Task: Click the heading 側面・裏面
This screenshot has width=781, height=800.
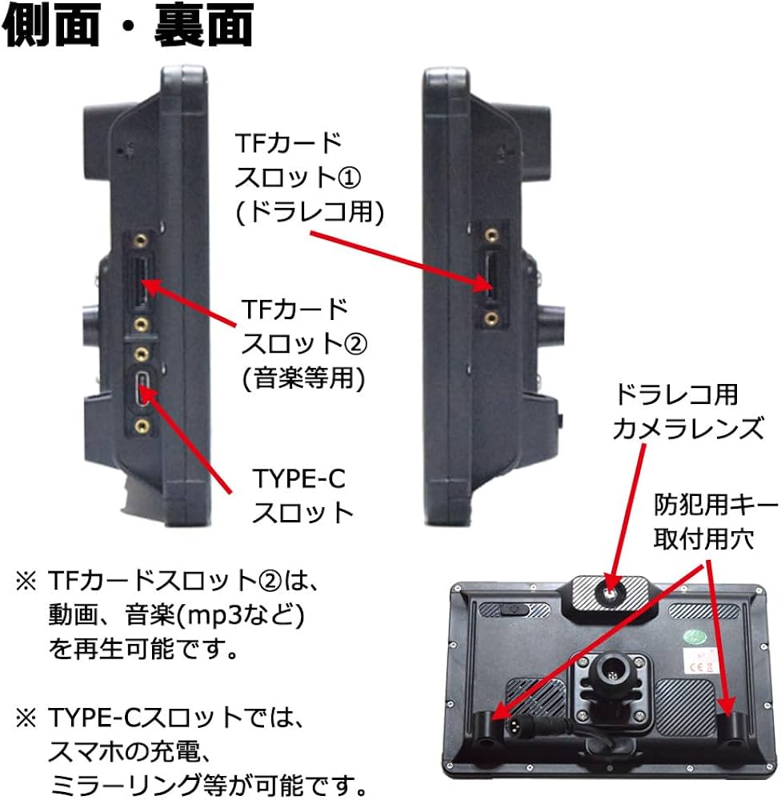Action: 128,27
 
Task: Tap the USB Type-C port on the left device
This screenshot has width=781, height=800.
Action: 142,388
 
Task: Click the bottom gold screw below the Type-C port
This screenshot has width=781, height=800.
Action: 142,426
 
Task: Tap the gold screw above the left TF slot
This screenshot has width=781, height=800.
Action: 142,240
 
